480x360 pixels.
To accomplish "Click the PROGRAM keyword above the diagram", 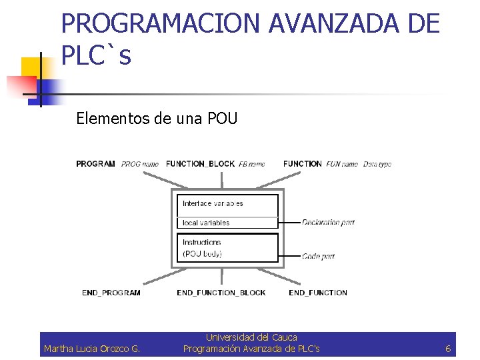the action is [95, 163].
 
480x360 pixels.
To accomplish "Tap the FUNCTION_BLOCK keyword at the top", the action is [200, 163].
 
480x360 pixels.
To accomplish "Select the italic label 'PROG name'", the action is [140, 164].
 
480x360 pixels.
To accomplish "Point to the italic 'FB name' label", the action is [252, 164].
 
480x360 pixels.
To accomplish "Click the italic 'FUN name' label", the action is [342, 164].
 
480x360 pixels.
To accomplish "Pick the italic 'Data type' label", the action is [377, 164].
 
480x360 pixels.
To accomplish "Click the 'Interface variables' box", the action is [227, 204].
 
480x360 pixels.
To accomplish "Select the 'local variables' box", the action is [227, 223].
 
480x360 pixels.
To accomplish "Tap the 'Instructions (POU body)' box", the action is [227, 247].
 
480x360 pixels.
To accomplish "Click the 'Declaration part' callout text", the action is [328, 223].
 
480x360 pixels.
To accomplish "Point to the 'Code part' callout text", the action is [318, 256].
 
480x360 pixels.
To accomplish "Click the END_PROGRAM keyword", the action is [111, 293].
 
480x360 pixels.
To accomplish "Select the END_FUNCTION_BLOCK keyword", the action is [221, 293].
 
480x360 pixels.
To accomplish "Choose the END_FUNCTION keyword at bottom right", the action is [318, 293].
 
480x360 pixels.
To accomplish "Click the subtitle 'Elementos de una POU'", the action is [157, 119].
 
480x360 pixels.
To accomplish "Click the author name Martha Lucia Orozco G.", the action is [92, 349].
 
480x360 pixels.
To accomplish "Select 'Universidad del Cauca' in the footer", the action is [251, 338].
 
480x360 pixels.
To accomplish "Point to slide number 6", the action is [448, 349].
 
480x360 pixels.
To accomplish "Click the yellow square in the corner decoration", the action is [31, 68].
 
